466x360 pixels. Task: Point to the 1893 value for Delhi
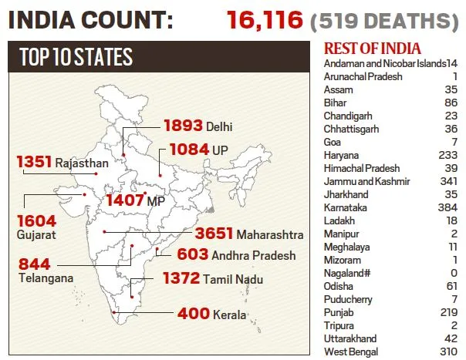[x=182, y=125]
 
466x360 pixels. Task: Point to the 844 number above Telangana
[x=35, y=263]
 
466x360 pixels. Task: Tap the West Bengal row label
[x=351, y=352]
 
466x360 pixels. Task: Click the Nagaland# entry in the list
[x=349, y=273]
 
